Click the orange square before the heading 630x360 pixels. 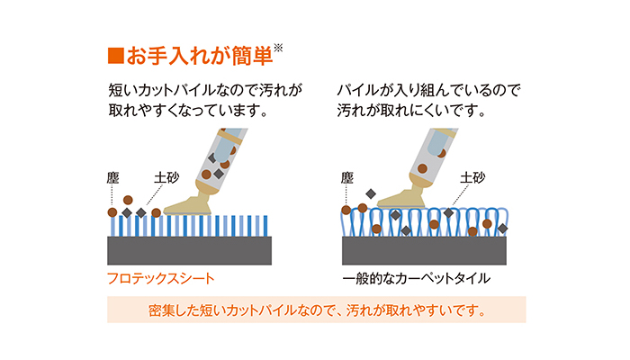(x=116, y=56)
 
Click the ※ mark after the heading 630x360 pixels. (x=278, y=49)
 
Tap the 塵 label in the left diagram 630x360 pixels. (x=112, y=177)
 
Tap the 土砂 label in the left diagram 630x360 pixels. (x=166, y=177)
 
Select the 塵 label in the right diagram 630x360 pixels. (x=347, y=177)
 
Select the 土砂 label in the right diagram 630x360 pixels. (x=472, y=177)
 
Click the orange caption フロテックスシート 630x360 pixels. (x=161, y=278)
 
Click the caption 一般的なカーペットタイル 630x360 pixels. (x=416, y=278)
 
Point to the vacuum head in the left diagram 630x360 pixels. (x=189, y=202)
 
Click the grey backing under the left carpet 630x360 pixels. (x=189, y=250)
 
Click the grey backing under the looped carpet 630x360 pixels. (x=424, y=250)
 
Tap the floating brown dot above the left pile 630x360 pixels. (x=128, y=200)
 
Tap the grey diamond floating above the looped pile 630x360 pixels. (x=371, y=194)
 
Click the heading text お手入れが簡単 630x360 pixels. (x=200, y=56)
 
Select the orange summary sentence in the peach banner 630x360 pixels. (x=317, y=310)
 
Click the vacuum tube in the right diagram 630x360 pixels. (x=433, y=157)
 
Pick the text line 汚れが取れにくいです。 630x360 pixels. (x=411, y=111)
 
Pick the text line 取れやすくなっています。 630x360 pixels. (x=187, y=111)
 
